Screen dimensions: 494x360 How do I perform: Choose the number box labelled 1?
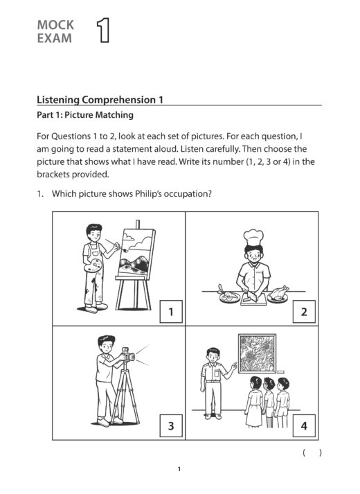pos(171,312)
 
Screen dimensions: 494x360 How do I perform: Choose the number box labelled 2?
pos(303,312)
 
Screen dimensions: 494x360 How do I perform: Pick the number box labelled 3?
pos(171,425)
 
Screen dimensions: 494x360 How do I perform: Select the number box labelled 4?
pos(303,425)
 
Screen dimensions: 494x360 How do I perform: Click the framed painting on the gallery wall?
pos(258,354)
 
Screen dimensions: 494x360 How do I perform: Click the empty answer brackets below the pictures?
pos(312,452)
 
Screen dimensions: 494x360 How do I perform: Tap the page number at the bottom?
pos(179,470)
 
